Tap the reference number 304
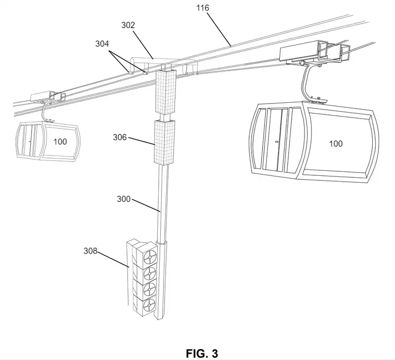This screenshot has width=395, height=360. click(103, 43)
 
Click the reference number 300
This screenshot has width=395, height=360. click(124, 199)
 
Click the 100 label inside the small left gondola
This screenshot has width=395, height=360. click(60, 142)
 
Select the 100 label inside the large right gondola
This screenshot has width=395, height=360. click(336, 144)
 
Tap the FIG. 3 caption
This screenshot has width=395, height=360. click(202, 353)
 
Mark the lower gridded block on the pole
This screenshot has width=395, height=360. click(165, 142)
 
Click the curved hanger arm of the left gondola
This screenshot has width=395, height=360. click(47, 112)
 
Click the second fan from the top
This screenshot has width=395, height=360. click(149, 273)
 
